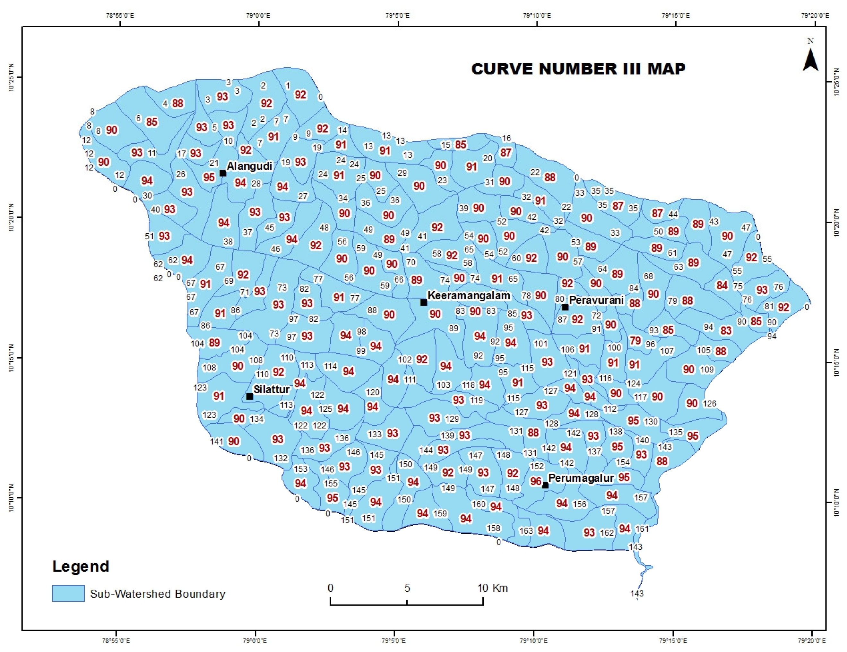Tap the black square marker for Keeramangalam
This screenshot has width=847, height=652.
[424, 302]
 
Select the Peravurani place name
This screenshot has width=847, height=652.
[596, 300]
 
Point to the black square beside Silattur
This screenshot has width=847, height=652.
[250, 396]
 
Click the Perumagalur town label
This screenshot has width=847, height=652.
[581, 478]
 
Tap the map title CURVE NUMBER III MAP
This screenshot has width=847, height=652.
[578, 69]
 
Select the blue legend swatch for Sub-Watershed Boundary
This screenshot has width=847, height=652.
[68, 593]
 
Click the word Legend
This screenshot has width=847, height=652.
[81, 566]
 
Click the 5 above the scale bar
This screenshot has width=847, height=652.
[407, 588]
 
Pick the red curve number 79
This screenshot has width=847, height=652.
[635, 340]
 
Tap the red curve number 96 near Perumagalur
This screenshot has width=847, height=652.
[536, 481]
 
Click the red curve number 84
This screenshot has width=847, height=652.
[722, 285]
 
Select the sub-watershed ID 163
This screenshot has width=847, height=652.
[526, 531]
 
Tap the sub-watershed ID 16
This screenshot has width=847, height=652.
[506, 138]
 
